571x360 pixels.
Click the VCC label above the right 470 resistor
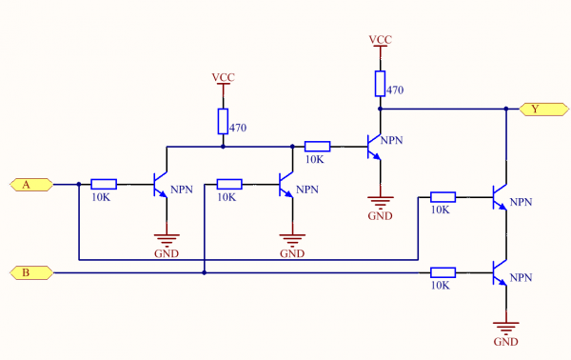(380, 40)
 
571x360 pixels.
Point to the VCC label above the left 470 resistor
(223, 77)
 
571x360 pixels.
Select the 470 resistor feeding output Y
(380, 84)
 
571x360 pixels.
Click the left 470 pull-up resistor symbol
(223, 121)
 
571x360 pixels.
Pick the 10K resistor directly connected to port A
(104, 184)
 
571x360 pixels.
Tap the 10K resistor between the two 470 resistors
(317, 147)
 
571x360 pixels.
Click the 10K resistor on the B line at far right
(442, 273)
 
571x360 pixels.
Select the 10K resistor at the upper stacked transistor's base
(442, 197)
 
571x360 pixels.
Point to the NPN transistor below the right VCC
(375, 147)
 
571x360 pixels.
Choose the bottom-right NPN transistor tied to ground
(501, 274)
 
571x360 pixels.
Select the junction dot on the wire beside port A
(78, 184)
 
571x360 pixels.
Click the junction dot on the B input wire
(204, 273)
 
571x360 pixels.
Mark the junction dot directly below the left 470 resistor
(223, 147)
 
